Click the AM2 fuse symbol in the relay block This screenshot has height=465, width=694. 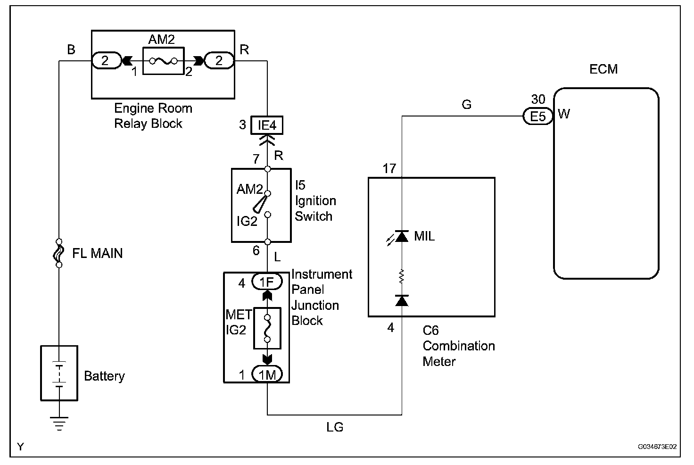[x=163, y=61]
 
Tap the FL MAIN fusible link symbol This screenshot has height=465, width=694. [x=59, y=253]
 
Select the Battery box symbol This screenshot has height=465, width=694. [x=59, y=373]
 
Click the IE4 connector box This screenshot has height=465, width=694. [x=267, y=125]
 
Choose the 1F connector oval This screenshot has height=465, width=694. [x=267, y=282]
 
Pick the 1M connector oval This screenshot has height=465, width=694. [x=267, y=374]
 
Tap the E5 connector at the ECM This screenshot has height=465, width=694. [x=537, y=116]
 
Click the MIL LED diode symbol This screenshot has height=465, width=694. [x=401, y=236]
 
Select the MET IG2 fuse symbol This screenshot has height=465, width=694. [x=267, y=328]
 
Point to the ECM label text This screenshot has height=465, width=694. [x=603, y=69]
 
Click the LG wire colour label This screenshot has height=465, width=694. [x=335, y=427]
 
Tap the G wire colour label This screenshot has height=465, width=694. [x=466, y=104]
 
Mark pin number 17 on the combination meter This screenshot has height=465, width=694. [x=389, y=168]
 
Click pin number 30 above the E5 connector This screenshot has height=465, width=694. [x=538, y=100]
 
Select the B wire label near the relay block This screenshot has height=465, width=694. [x=71, y=50]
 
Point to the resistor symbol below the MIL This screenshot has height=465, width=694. [x=402, y=276]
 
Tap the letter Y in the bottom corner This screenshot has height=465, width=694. [x=20, y=446]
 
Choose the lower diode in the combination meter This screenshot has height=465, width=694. [x=402, y=300]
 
